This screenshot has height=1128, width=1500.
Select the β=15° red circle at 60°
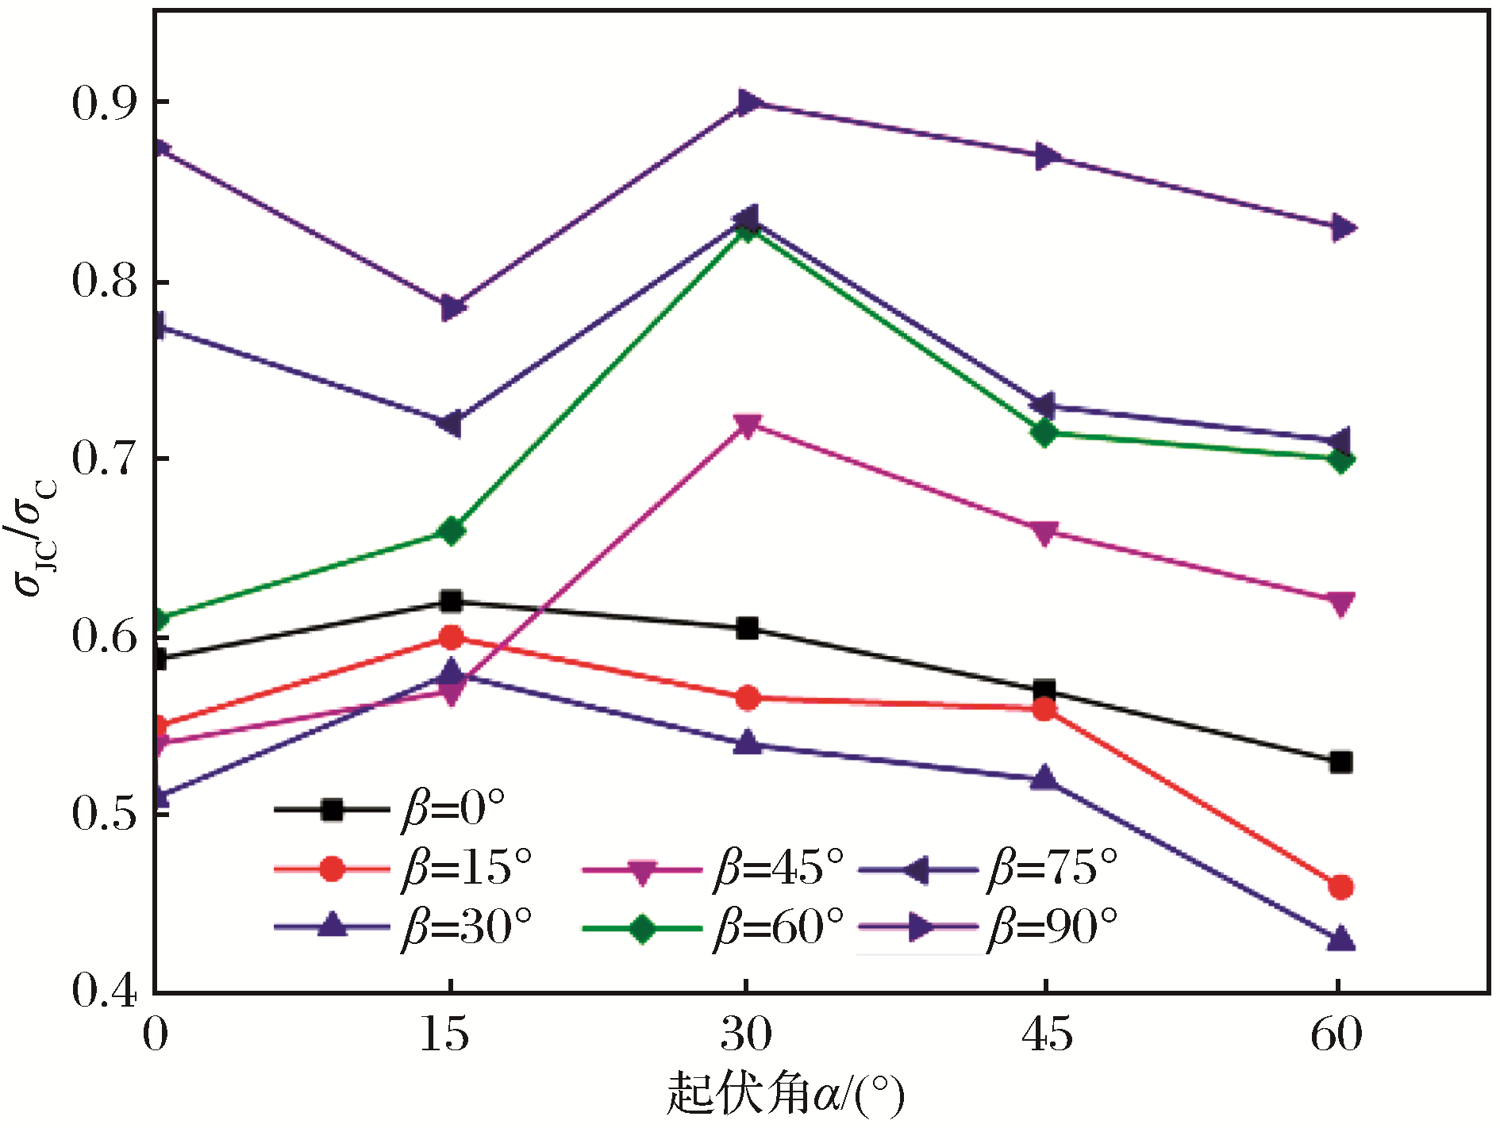(x=1340, y=887)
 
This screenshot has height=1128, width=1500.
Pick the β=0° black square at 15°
(x=451, y=601)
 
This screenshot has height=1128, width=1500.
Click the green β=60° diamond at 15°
(x=451, y=531)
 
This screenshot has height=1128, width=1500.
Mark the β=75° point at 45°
(x=1044, y=406)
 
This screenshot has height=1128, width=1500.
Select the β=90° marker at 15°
(x=452, y=307)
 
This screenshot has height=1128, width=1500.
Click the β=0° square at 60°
(x=1340, y=762)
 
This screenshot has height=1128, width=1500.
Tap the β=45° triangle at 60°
(x=1340, y=603)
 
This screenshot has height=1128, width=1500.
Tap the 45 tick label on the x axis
(x=1046, y=1034)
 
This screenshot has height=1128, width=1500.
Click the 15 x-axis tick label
(x=444, y=1034)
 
